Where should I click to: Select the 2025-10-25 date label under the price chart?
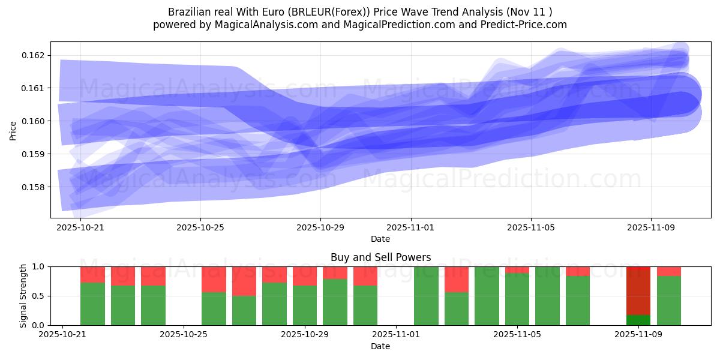[200, 227]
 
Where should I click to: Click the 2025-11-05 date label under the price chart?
[530, 227]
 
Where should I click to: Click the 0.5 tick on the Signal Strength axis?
[38, 296]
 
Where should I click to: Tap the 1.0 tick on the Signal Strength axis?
[38, 266]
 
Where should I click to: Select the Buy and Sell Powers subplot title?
[380, 257]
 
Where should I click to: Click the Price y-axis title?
[13, 130]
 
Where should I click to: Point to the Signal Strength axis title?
[23, 296]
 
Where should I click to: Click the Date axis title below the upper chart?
[380, 239]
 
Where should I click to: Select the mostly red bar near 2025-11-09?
[638, 290]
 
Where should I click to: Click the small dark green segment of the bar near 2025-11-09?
[638, 320]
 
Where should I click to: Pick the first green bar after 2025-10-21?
[92, 304]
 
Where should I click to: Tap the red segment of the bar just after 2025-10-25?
[214, 279]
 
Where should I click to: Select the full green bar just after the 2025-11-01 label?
[426, 296]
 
